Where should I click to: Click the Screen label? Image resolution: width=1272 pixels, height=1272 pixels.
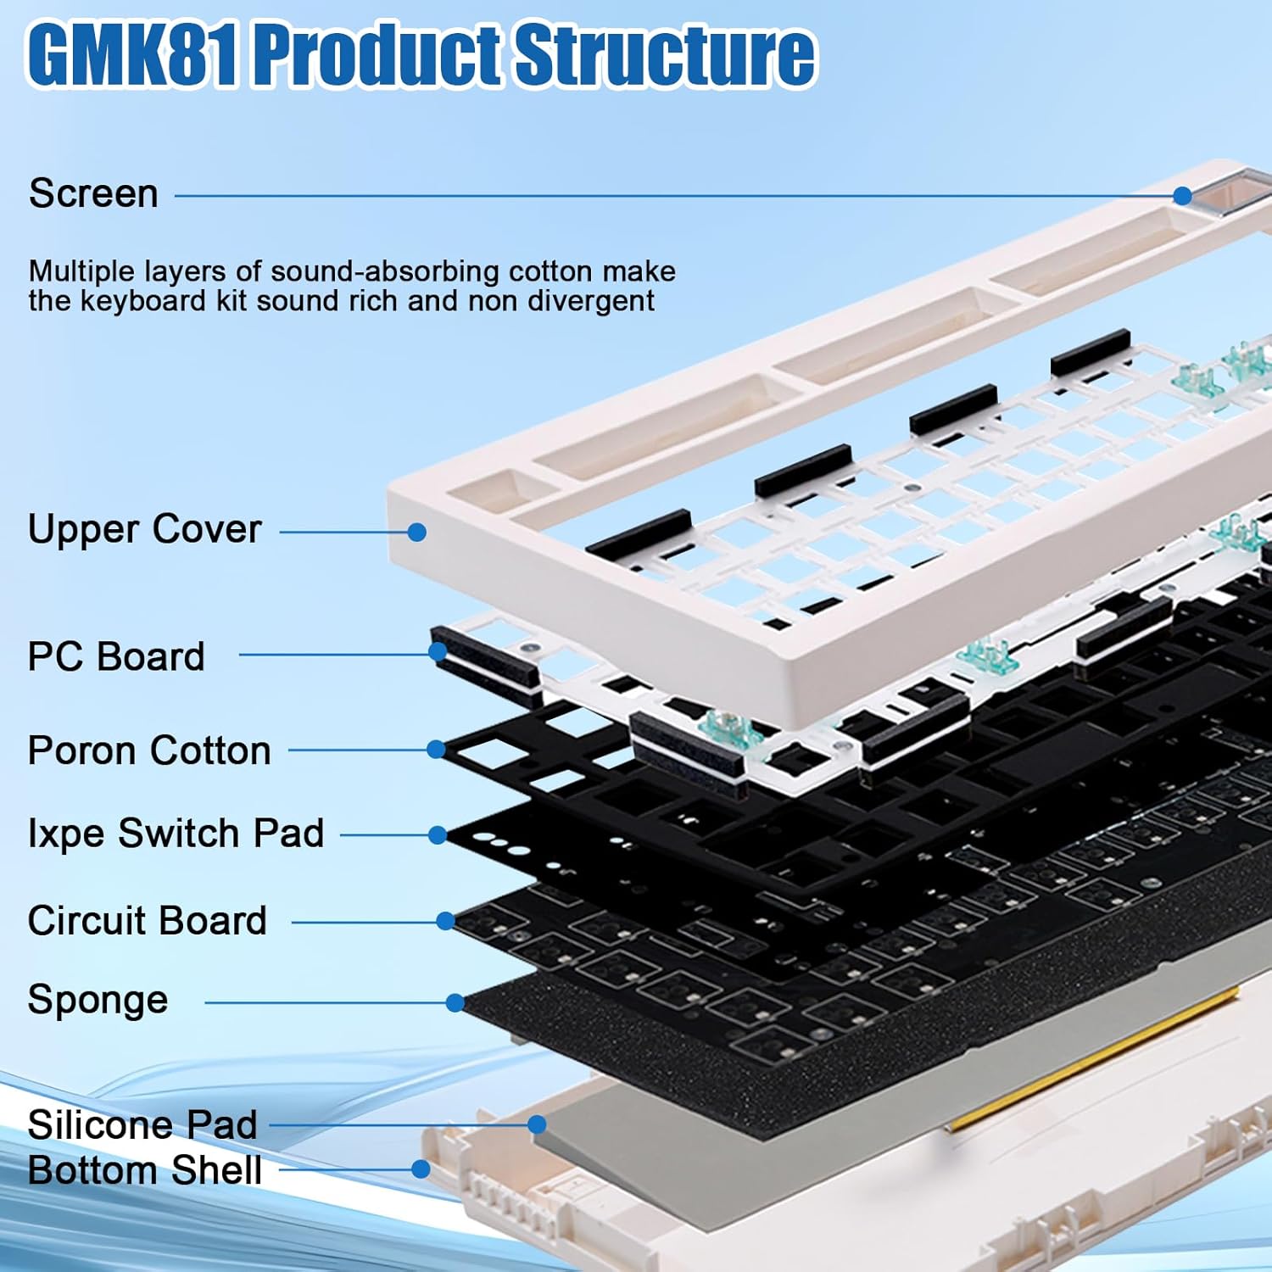pyautogui.click(x=93, y=194)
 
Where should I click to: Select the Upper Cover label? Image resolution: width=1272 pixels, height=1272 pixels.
pyautogui.click(x=144, y=530)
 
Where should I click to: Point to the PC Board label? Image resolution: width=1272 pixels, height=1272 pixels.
pyautogui.click(x=116, y=657)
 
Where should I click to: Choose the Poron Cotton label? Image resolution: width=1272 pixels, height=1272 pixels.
pyautogui.click(x=149, y=751)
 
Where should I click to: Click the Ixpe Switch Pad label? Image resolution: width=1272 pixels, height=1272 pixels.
pyautogui.click(x=176, y=834)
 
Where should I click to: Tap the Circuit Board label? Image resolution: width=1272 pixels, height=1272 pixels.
pyautogui.click(x=148, y=921)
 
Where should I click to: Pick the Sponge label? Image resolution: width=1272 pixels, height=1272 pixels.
pyautogui.click(x=98, y=1001)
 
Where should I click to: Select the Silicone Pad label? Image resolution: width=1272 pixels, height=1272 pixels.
pyautogui.click(x=142, y=1125)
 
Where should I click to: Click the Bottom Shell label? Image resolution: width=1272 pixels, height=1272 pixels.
pyautogui.click(x=145, y=1171)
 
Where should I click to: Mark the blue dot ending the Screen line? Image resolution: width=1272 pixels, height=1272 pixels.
pyautogui.click(x=1182, y=196)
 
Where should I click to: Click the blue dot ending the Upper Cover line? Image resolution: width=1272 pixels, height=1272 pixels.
pyautogui.click(x=416, y=532)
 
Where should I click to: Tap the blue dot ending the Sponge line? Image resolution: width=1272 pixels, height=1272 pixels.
pyautogui.click(x=455, y=1002)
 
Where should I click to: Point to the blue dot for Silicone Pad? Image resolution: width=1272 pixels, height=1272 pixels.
pyautogui.click(x=537, y=1124)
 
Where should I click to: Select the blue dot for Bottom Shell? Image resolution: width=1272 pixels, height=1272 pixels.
pyautogui.click(x=421, y=1169)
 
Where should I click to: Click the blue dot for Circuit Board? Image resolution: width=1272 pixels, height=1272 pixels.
pyautogui.click(x=445, y=921)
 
